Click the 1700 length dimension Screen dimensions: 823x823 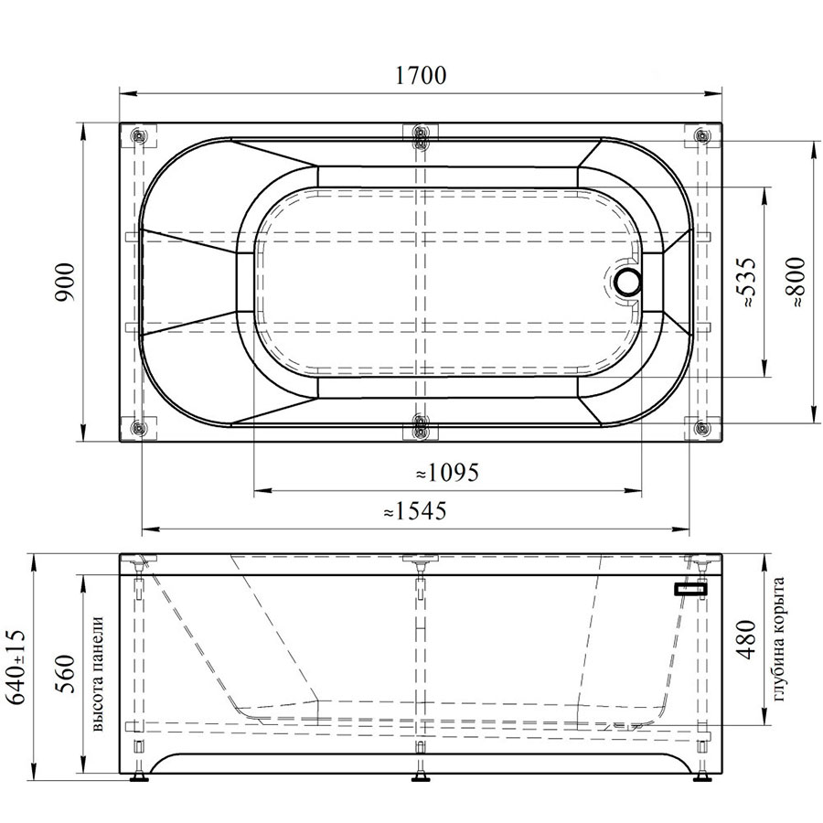coord(421,76)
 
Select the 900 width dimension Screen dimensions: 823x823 coord(66,283)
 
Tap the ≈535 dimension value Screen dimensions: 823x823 coord(747,282)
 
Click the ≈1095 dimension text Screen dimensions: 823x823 coord(447,473)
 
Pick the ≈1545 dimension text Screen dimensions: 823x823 coord(415,510)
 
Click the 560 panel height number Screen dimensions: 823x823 coord(66,673)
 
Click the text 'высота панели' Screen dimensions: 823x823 coord(97,674)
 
